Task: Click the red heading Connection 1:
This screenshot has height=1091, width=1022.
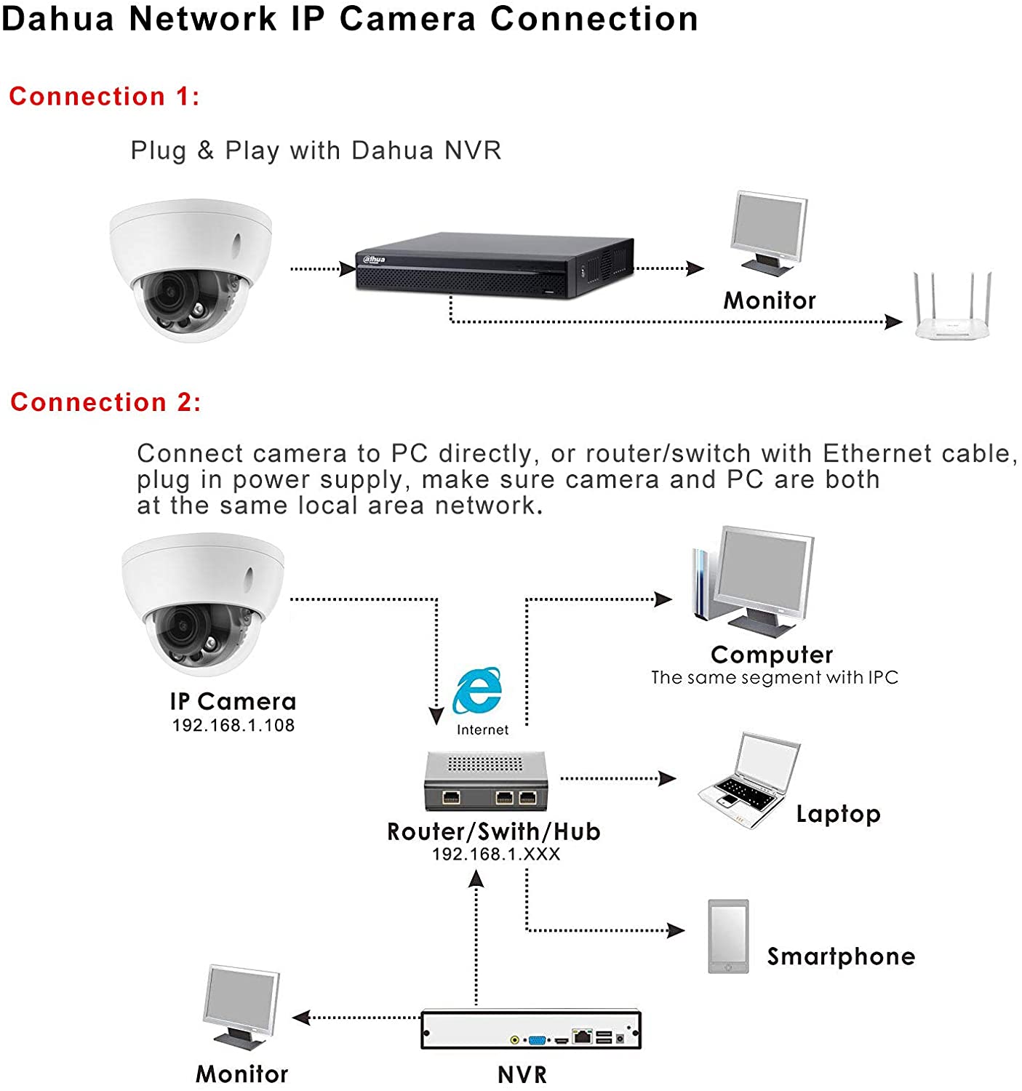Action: click(105, 96)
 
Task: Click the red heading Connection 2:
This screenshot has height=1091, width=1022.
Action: click(106, 401)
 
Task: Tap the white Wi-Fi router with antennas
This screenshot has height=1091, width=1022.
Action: click(951, 305)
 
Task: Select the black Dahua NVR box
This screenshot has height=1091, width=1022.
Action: click(494, 265)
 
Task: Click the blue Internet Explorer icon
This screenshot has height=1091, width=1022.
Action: click(477, 690)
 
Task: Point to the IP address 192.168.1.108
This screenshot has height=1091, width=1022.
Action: click(233, 725)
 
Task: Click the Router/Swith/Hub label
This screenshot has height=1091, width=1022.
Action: click(493, 831)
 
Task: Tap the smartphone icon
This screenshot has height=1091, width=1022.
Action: click(728, 936)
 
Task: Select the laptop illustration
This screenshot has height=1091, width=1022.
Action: click(749, 780)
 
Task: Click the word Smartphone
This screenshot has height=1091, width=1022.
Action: click(841, 956)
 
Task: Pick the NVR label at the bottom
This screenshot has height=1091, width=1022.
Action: click(522, 1074)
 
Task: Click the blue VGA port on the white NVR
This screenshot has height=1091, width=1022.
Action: click(537, 1040)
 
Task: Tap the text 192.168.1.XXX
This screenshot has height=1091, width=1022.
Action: click(496, 854)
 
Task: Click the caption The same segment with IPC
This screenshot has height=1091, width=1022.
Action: click(775, 677)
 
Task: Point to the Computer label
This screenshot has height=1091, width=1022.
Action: click(772, 655)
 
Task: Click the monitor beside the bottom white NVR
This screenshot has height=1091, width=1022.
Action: click(241, 1007)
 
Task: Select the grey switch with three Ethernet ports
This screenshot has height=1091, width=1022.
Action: click(486, 780)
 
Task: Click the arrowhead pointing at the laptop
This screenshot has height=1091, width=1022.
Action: click(668, 778)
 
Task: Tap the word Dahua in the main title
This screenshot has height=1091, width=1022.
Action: click(58, 19)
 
